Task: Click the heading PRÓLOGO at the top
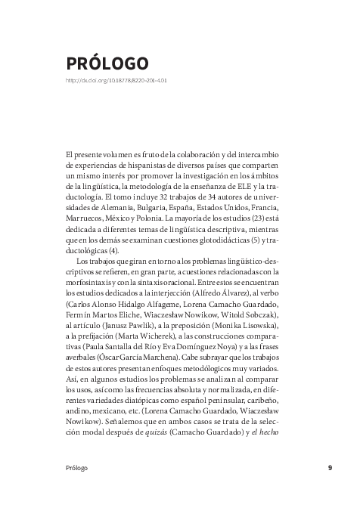[107, 63]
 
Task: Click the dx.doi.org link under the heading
[116, 79]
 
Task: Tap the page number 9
[330, 468]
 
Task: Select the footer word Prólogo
[76, 468]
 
